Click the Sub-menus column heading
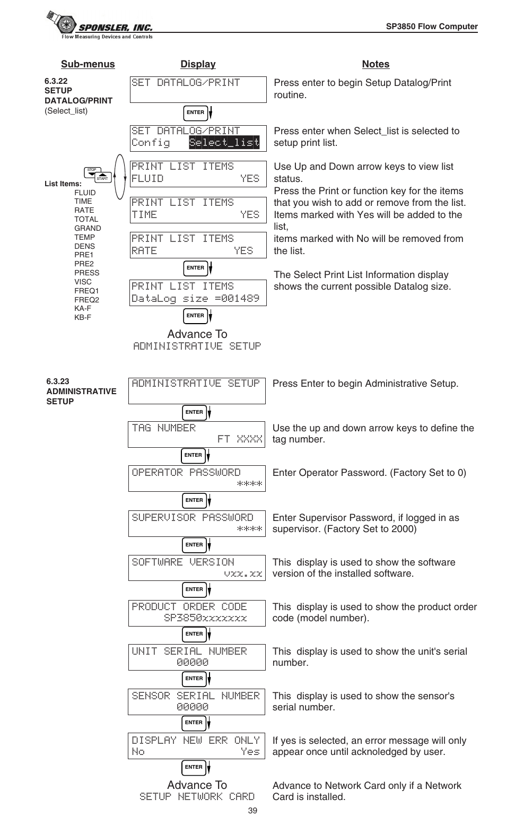[88, 64]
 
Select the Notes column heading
[376, 64]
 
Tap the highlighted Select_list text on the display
[224, 142]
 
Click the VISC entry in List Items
[83, 282]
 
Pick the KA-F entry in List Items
[83, 308]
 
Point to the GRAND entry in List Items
[88, 228]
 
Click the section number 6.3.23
[57, 381]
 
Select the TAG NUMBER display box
[197, 434]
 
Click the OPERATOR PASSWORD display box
[197, 478]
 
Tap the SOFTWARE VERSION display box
[197, 568]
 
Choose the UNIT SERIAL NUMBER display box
[197, 657]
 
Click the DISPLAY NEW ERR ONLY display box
[197, 745]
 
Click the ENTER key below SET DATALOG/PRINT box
[196, 112]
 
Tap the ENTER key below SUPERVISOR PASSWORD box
[194, 545]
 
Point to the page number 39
[252, 811]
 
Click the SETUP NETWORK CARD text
[197, 797]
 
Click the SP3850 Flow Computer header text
[431, 27]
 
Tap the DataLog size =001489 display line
[196, 299]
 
